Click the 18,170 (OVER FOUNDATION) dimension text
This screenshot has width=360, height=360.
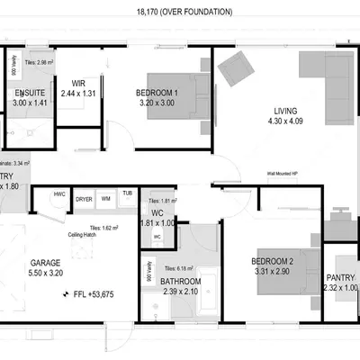tap(184, 12)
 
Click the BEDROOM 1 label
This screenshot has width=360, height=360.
tap(158, 92)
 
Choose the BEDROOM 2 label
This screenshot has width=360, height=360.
tap(272, 261)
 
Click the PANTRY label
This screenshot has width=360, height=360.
tap(340, 277)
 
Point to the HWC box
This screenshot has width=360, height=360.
tap(59, 194)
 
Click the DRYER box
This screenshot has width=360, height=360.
tap(84, 198)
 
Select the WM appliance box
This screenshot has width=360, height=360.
tap(105, 198)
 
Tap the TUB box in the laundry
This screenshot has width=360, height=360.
tap(127, 193)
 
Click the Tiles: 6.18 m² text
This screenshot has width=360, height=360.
tap(180, 268)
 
